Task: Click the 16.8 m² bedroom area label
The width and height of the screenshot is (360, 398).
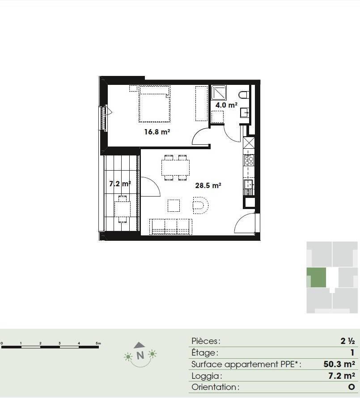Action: pyautogui.click(x=157, y=132)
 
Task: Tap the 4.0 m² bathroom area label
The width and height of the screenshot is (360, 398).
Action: pyautogui.click(x=226, y=105)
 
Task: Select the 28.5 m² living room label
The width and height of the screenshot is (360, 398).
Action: pyautogui.click(x=208, y=185)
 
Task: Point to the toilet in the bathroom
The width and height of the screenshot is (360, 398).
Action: pyautogui.click(x=243, y=95)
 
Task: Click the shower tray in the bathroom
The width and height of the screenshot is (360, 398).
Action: pyautogui.click(x=219, y=92)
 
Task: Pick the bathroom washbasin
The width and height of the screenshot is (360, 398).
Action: pyautogui.click(x=244, y=112)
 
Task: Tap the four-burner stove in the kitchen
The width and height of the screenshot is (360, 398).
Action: pyautogui.click(x=249, y=160)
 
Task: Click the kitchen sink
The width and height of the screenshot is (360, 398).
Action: pyautogui.click(x=249, y=184)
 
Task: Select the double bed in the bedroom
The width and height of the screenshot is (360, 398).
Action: pyautogui.click(x=154, y=104)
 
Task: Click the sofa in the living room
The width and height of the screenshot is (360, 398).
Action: pyautogui.click(x=171, y=226)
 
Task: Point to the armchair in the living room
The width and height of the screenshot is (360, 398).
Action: pyautogui.click(x=200, y=205)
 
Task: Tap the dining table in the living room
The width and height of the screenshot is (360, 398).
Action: pyautogui.click(x=175, y=168)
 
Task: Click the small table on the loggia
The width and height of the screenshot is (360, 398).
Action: pyautogui.click(x=123, y=209)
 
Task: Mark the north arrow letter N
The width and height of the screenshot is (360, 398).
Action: pyautogui.click(x=140, y=356)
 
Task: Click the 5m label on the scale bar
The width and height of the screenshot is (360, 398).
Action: pyautogui.click(x=98, y=343)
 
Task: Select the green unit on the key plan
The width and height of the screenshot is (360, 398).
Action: pyautogui.click(x=316, y=277)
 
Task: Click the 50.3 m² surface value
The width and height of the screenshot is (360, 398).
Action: pyautogui.click(x=339, y=364)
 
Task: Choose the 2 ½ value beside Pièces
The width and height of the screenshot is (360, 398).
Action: pyautogui.click(x=347, y=341)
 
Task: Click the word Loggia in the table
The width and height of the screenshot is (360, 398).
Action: pyautogui.click(x=206, y=376)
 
